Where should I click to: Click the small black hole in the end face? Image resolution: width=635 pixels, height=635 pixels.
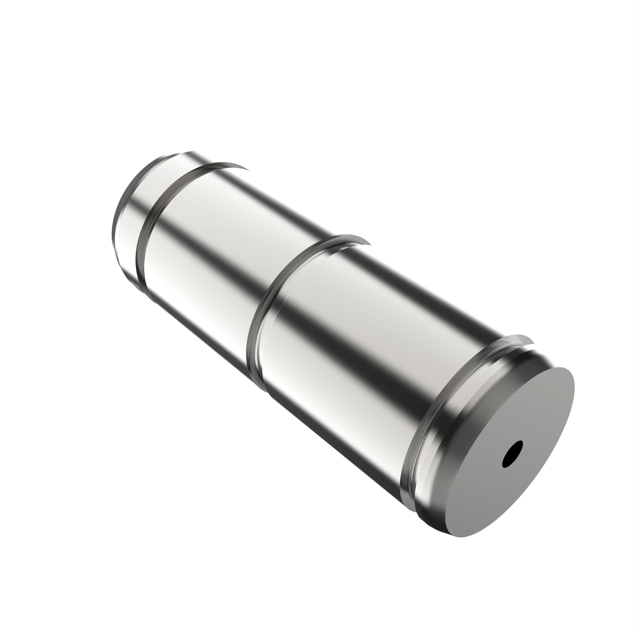pos(512,454)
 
